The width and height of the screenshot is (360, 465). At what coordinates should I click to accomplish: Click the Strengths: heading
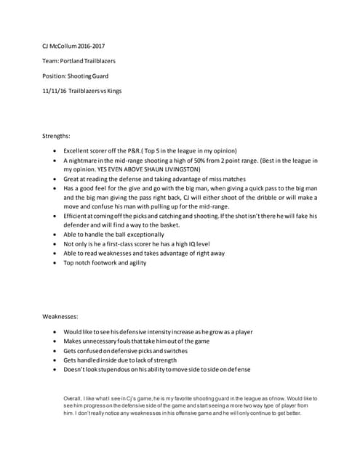56,135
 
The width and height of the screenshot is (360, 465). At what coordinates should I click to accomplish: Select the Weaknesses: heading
60,316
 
